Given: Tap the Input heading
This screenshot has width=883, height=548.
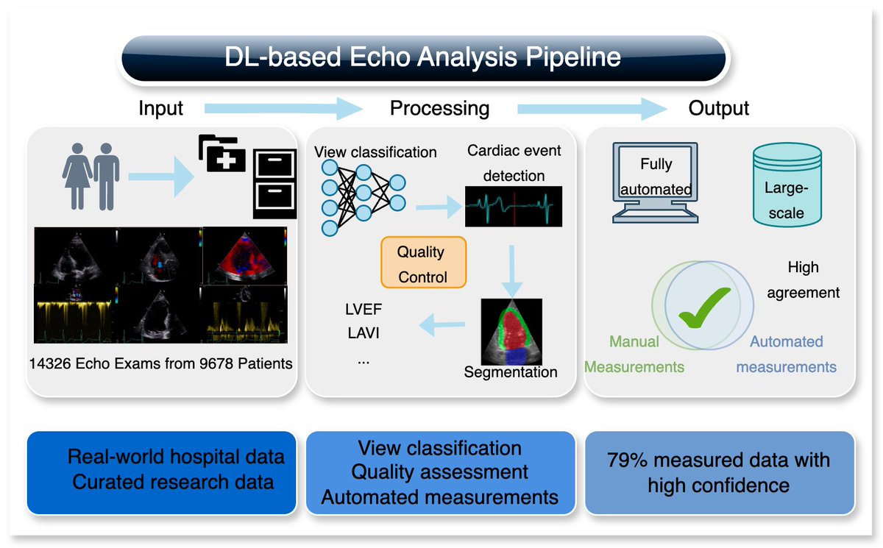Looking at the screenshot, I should pos(160,109).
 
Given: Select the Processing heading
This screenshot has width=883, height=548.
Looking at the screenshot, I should pos(439,109).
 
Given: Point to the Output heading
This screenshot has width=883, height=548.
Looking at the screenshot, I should pos(718,109).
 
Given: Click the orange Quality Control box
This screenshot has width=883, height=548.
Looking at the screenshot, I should pos(422,264).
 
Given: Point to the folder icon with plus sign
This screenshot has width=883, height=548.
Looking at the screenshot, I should pos(222,154).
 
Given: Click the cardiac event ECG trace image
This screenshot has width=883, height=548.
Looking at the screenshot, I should pos(513,206).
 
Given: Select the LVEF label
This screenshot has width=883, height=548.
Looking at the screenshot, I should pos(364,310).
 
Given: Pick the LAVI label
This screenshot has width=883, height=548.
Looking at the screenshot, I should pos(363,334).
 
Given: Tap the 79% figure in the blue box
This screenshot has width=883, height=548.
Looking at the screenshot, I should pos(626,460).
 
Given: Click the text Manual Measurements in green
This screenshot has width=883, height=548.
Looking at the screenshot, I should pos(634,354).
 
